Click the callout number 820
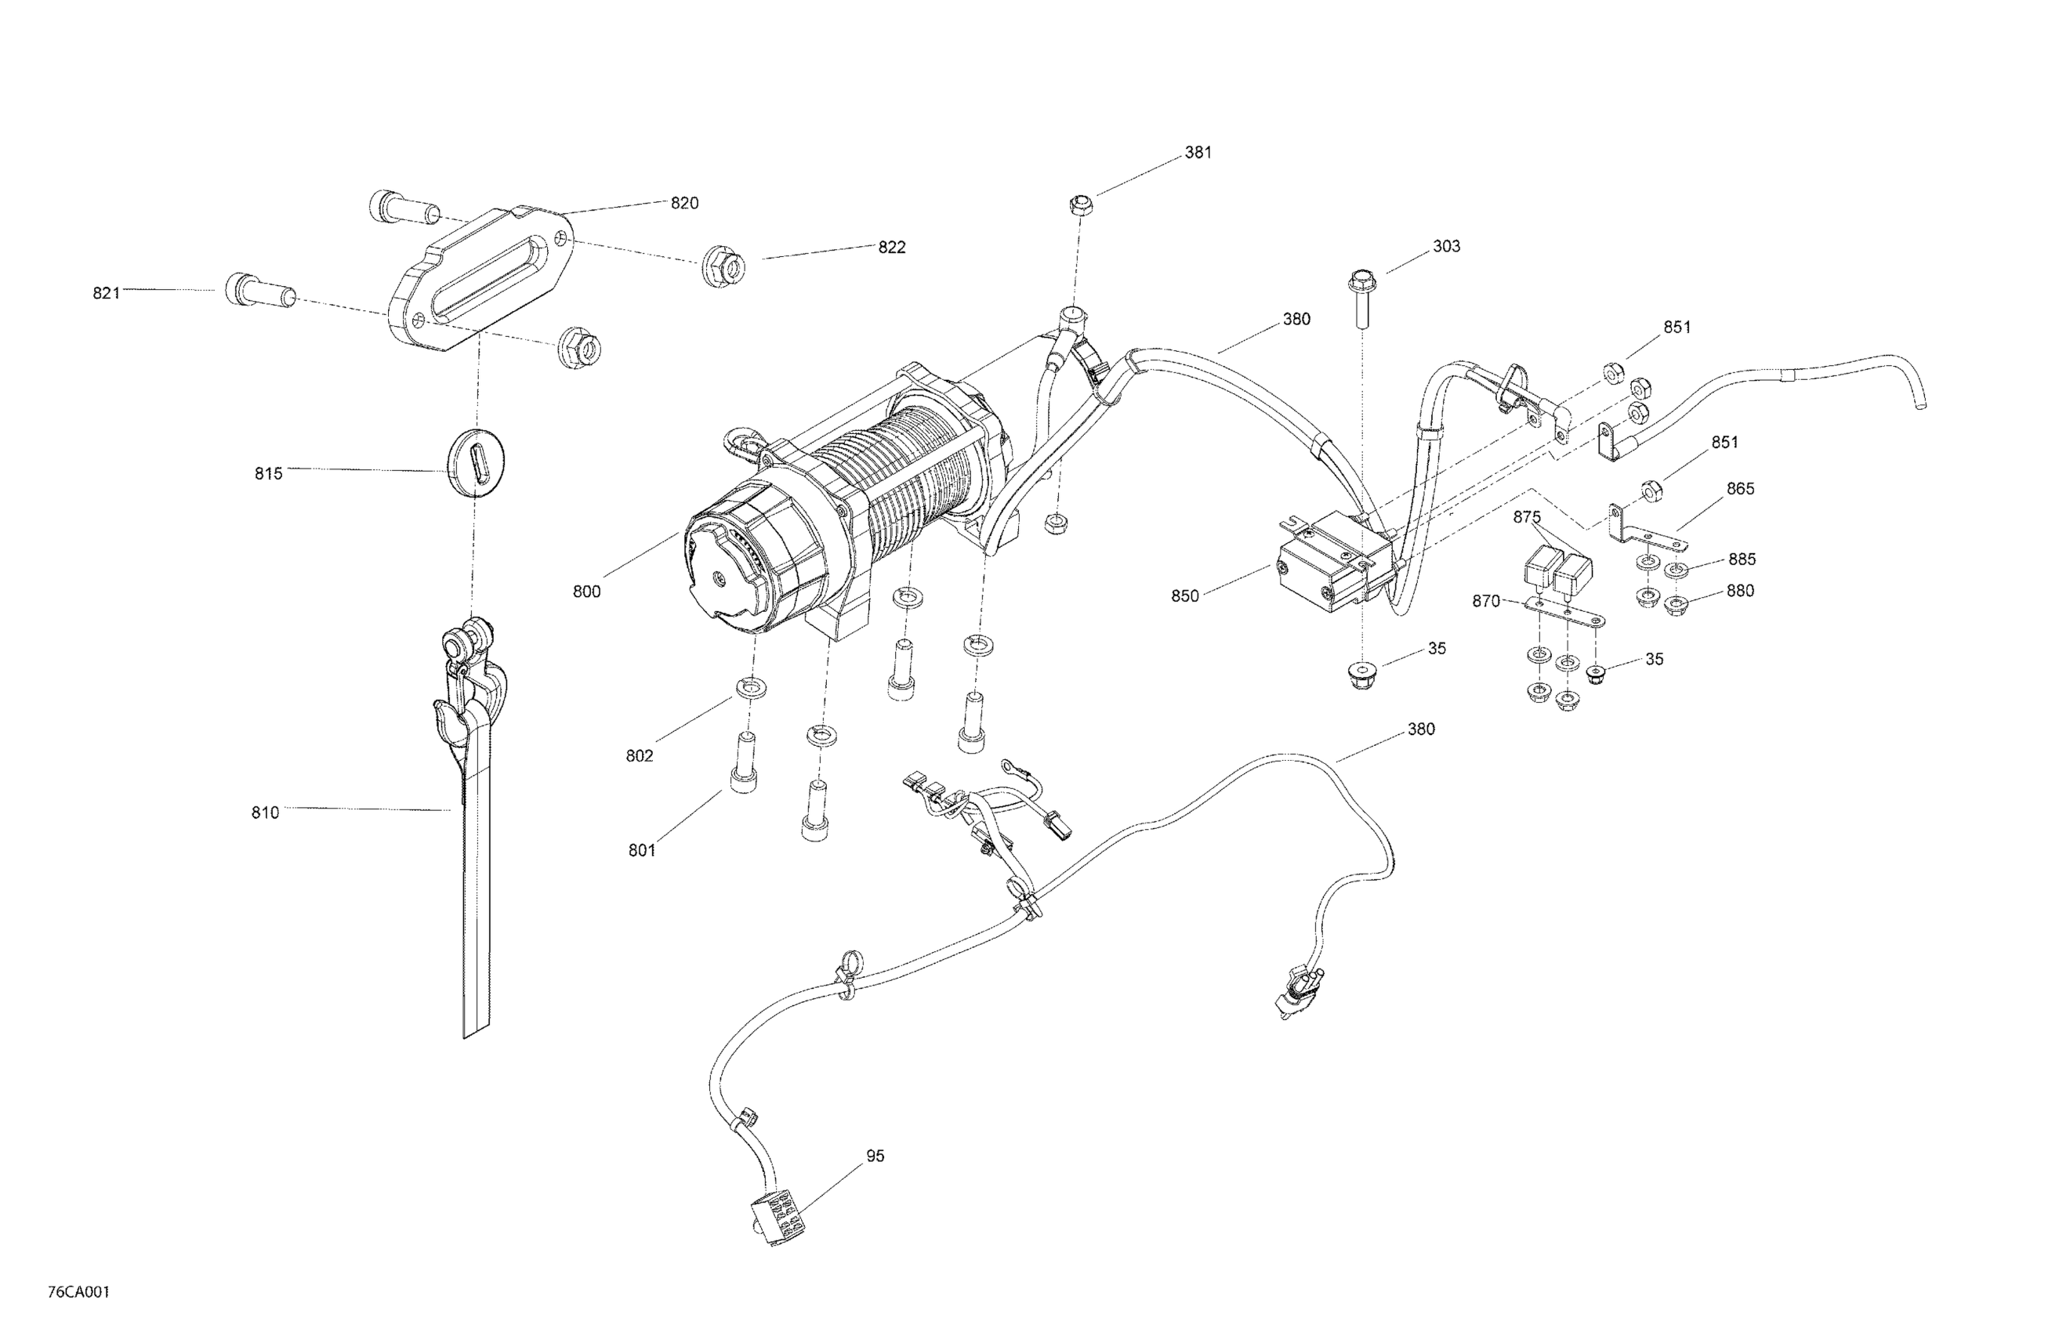click(x=684, y=203)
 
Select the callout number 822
click(x=891, y=248)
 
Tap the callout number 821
click(x=107, y=293)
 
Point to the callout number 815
click(x=268, y=474)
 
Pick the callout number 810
click(x=266, y=813)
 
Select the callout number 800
click(x=585, y=592)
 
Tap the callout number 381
click(x=1198, y=153)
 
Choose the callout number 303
click(x=1447, y=247)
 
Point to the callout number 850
click(x=1185, y=596)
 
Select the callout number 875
click(x=1527, y=517)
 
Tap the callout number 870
click(x=1485, y=601)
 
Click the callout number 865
click(x=1740, y=489)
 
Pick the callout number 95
click(x=875, y=1156)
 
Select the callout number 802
click(x=640, y=756)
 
